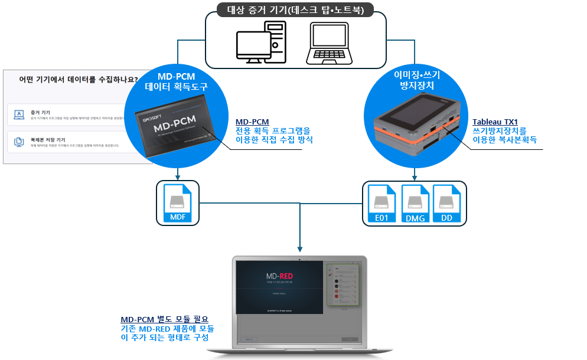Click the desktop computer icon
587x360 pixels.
click(260, 43)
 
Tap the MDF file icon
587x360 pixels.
click(178, 204)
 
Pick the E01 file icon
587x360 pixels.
click(382, 204)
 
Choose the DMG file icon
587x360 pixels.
click(415, 204)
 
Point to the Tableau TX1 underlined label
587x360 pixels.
click(495, 122)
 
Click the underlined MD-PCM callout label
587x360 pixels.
click(252, 122)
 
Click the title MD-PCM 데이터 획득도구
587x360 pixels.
click(177, 81)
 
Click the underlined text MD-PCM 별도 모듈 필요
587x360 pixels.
click(164, 319)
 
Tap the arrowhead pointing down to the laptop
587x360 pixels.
click(301, 251)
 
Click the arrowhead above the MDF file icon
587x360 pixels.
click(178, 176)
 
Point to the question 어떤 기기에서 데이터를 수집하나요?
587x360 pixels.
click(79, 79)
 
